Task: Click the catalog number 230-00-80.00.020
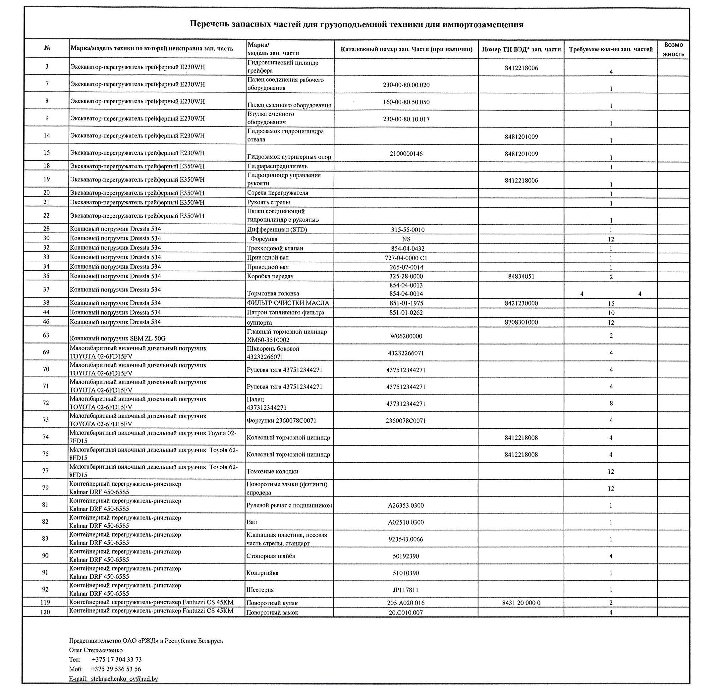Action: (x=406, y=85)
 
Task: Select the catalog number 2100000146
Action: (x=406, y=154)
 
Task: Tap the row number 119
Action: (x=45, y=602)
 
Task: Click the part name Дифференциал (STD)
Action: (x=277, y=230)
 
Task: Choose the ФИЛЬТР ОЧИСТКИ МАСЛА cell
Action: (x=288, y=303)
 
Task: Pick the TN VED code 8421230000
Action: (x=521, y=303)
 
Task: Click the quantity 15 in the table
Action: (x=611, y=304)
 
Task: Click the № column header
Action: (x=47, y=48)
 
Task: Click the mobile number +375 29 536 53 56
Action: (x=116, y=669)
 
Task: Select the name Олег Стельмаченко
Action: (x=96, y=650)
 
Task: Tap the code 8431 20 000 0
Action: (x=521, y=603)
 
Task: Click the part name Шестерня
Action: (x=260, y=590)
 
